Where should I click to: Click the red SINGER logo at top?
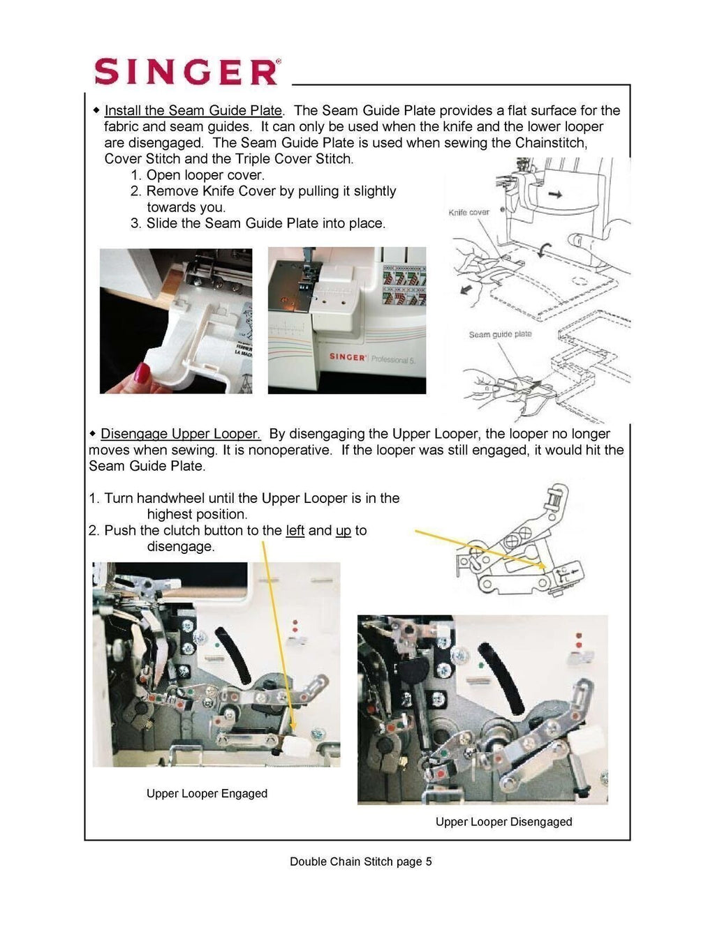[x=186, y=72]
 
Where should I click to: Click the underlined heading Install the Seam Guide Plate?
[x=193, y=110]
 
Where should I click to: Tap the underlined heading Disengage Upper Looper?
[x=181, y=434]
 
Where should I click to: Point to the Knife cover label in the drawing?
[x=469, y=212]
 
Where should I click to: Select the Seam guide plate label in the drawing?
[x=500, y=334]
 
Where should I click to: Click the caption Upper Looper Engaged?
[x=207, y=793]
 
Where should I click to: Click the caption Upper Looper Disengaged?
[x=503, y=822]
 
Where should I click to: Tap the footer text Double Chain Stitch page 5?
[x=360, y=862]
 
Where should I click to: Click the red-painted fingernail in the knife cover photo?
[x=142, y=373]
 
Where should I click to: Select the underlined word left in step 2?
[x=295, y=531]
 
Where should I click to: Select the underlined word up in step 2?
[x=343, y=531]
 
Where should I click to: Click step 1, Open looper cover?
[x=198, y=175]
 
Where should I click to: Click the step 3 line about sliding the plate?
[x=258, y=223]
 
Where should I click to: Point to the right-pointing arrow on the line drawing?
[x=555, y=195]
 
